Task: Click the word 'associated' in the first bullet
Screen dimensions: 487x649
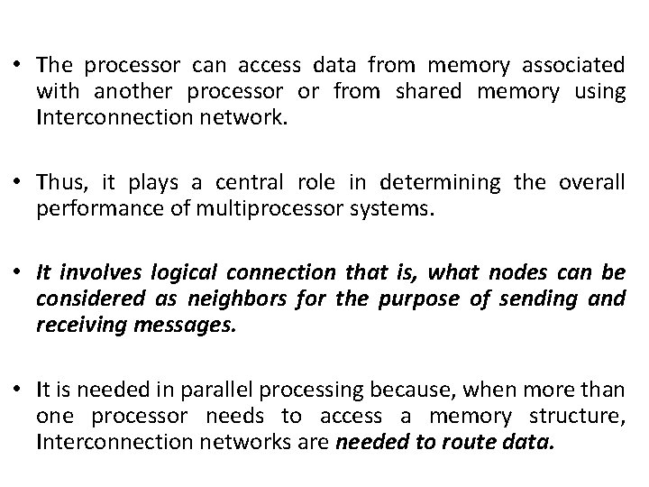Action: coord(574,66)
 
